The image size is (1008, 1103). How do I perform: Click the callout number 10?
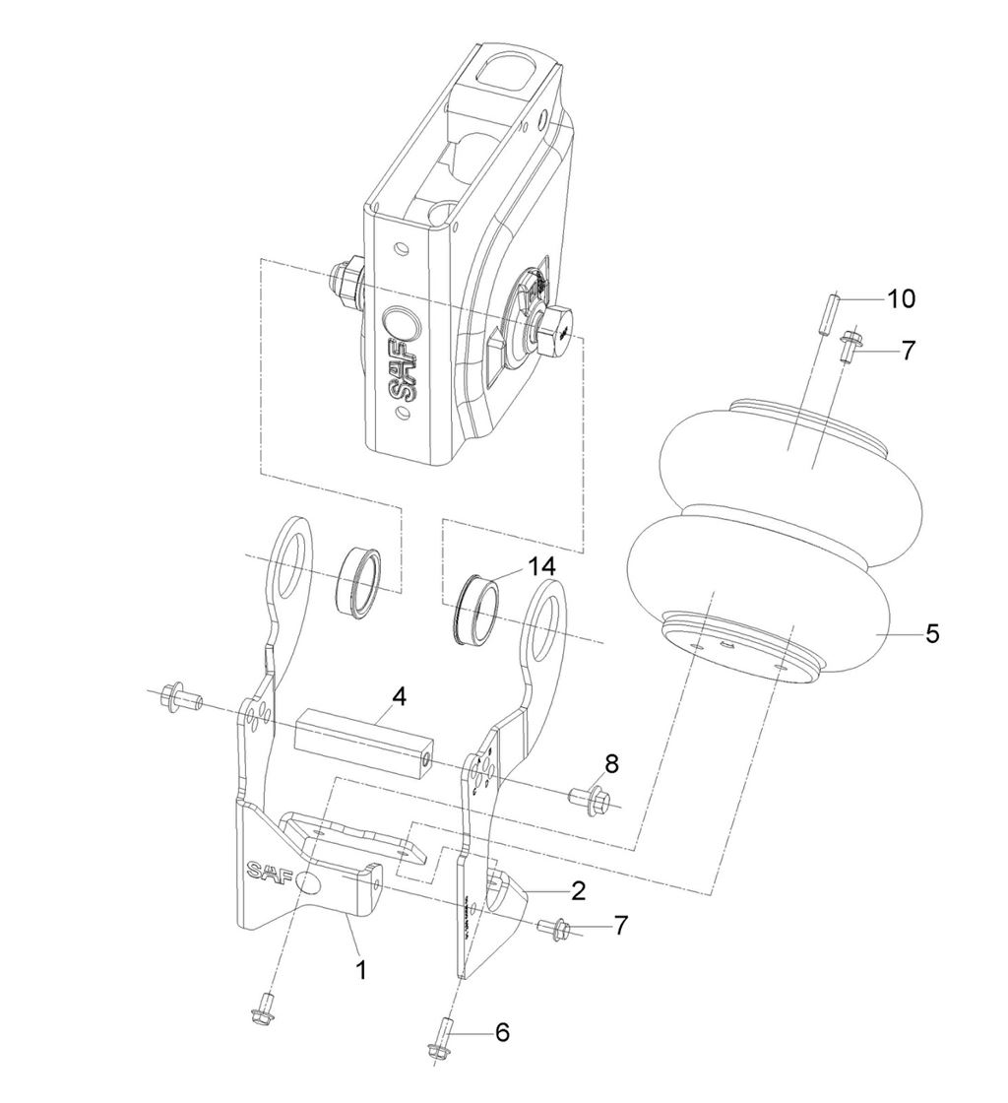(901, 297)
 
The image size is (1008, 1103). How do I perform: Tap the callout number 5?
(931, 633)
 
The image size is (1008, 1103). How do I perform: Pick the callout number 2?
(578, 891)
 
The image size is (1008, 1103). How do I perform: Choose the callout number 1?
(360, 969)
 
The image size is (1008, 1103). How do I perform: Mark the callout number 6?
(502, 1032)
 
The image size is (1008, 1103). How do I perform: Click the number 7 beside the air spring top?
(908, 350)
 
